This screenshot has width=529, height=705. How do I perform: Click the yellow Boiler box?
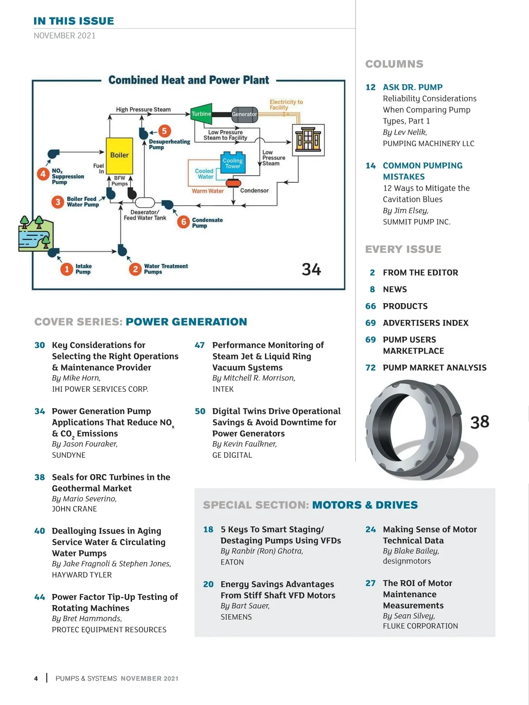coord(119,156)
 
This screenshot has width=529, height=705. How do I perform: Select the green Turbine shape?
coord(201,114)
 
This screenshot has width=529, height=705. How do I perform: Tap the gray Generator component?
coord(244,114)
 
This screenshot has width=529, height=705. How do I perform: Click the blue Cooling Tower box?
coord(233,163)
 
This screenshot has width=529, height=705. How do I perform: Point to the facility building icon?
coord(308,140)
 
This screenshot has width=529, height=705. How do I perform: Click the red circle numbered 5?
coord(164,131)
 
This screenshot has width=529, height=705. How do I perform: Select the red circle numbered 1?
coord(67,269)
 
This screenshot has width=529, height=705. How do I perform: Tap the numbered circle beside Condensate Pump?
coord(183,222)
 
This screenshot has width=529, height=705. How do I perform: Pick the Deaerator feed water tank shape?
coord(145,203)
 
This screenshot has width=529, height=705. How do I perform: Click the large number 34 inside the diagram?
coord(311,269)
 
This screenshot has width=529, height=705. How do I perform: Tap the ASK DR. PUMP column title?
coord(413,87)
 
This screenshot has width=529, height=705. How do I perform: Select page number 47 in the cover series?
coord(200,345)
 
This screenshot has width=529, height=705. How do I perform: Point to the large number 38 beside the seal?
coord(480,422)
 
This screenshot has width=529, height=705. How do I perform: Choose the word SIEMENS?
coord(236,617)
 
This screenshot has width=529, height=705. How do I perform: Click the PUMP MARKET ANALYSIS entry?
coord(434,367)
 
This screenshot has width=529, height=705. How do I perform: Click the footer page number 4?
coord(36,679)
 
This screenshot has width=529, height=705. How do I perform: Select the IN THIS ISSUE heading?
coord(74,21)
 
